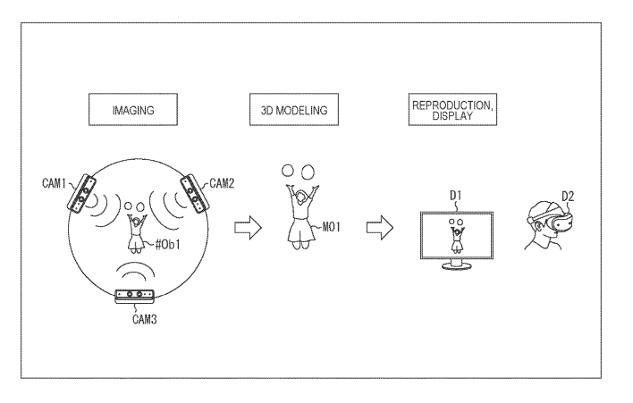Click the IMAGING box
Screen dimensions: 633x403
tap(133, 109)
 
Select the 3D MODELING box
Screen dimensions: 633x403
tap(294, 109)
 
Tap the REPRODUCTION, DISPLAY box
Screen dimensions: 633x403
tap(452, 109)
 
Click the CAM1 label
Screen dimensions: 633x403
tap(54, 183)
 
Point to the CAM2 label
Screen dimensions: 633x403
tap(222, 183)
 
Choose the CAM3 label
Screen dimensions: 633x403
tap(145, 320)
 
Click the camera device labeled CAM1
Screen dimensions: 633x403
tap(81, 193)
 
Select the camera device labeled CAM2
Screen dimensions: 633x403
tap(196, 194)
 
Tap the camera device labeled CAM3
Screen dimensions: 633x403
tap(135, 296)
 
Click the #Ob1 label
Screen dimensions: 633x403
tap(167, 245)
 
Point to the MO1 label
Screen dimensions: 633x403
tap(331, 227)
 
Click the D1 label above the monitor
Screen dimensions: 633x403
tap(456, 196)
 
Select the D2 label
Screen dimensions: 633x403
tap(568, 197)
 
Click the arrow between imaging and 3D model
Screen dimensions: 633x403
tap(248, 228)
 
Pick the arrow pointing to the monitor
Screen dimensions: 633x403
tap(379, 228)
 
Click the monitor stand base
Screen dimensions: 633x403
tap(457, 266)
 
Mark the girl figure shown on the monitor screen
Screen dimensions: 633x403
tap(457, 237)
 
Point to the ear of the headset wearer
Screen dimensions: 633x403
tap(539, 227)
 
